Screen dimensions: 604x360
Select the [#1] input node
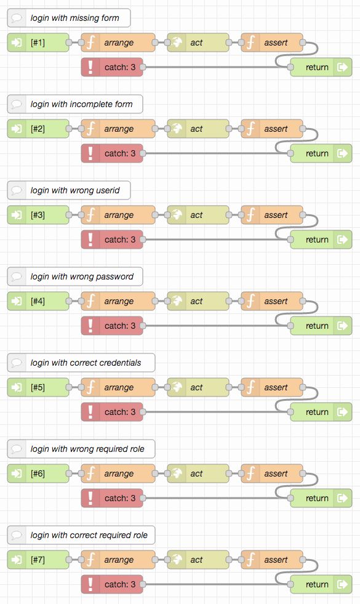coord(38,42)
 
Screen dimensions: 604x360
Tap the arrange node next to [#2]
coord(118,129)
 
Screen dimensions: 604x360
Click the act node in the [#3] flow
coord(198,215)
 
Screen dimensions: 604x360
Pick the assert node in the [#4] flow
coord(272,301)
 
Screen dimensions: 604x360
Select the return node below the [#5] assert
coord(321,412)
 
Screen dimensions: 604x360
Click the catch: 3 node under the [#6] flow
coord(112,498)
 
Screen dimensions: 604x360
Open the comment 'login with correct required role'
coord(81,535)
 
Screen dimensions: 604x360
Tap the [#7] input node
coord(38,560)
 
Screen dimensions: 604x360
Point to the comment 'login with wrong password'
coord(74,276)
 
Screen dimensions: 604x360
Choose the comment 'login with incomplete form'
coord(74,104)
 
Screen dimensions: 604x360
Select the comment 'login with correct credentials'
coord(81,363)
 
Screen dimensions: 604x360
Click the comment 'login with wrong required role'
coord(81,449)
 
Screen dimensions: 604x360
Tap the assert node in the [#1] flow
coord(272,42)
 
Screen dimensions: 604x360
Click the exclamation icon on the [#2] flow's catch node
coord(90,153)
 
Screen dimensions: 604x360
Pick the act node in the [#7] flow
coord(198,560)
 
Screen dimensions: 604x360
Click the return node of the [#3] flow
coord(321,240)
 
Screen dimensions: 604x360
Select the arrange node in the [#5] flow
coord(118,387)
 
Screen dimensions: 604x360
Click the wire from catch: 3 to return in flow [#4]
coord(215,326)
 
